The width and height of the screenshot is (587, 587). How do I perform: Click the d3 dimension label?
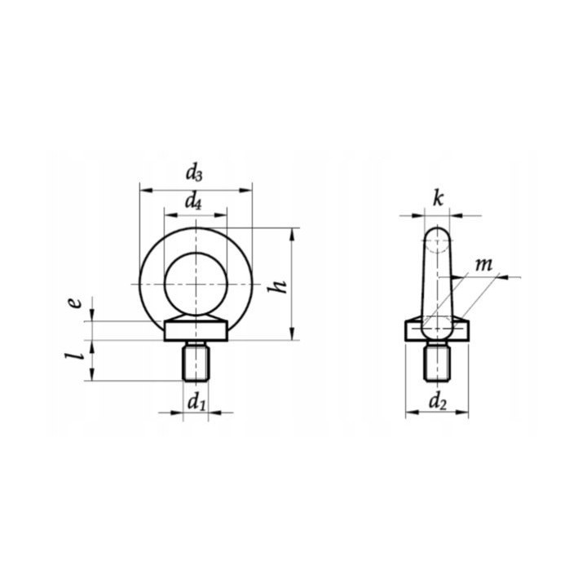(194, 174)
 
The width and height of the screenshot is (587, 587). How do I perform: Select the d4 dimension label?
(193, 202)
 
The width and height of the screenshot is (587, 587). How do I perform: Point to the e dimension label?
(76, 302)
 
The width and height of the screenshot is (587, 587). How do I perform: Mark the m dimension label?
(483, 265)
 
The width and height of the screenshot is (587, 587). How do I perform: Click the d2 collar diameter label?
(438, 403)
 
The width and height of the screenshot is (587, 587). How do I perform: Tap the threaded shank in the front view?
(196, 363)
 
